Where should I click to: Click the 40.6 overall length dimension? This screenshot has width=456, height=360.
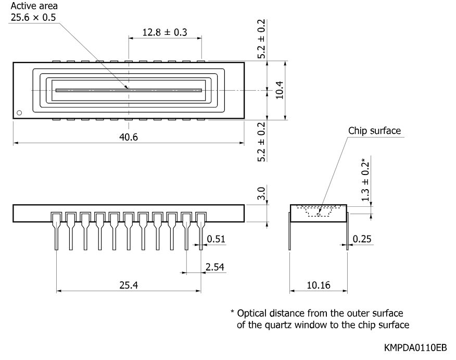click(x=129, y=137)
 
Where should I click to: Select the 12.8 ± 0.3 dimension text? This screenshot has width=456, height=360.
click(x=164, y=32)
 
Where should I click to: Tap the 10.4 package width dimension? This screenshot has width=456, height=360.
click(x=279, y=90)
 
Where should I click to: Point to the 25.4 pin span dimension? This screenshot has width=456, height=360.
click(x=129, y=285)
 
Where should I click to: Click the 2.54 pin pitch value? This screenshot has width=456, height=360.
click(x=215, y=267)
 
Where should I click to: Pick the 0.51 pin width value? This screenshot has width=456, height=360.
click(x=216, y=239)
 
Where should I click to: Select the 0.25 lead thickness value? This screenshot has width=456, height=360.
click(x=362, y=239)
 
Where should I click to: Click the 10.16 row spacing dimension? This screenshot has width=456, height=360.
click(x=319, y=285)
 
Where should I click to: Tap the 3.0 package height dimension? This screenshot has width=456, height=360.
click(x=261, y=193)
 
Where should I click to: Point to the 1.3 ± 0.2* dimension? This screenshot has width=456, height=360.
click(x=365, y=180)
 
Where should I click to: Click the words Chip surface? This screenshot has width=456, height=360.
click(x=375, y=131)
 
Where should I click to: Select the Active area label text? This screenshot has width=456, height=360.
click(x=34, y=6)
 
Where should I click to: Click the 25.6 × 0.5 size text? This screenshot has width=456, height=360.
click(x=33, y=18)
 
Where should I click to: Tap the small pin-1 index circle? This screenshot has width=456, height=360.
click(x=19, y=113)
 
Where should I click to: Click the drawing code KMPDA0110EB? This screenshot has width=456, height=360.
click(x=415, y=348)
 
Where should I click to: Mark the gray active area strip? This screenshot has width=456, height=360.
click(x=129, y=90)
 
